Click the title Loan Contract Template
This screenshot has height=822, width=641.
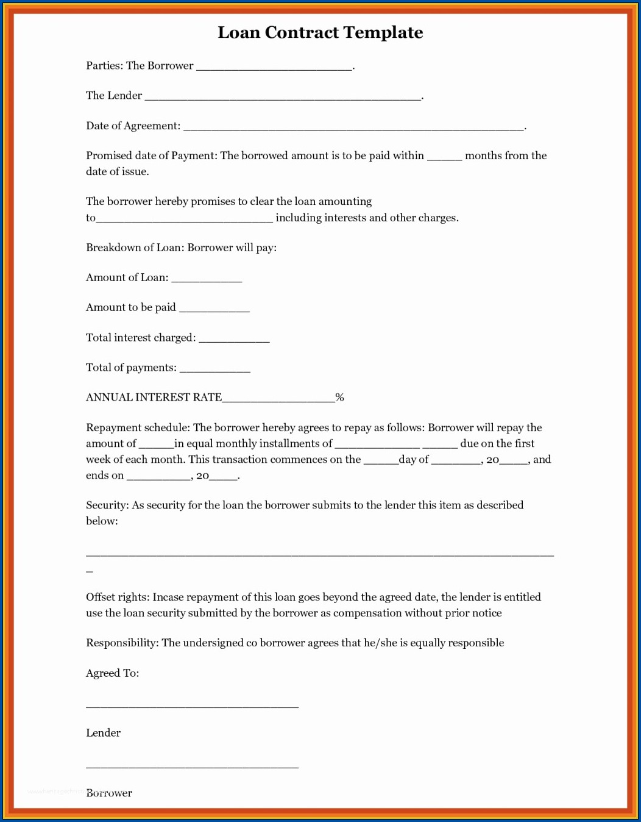tap(320, 32)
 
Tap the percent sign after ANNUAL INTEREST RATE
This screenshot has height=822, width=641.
tap(339, 398)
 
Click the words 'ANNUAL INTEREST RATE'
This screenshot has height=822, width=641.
tap(154, 398)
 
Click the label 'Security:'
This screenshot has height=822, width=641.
tap(107, 505)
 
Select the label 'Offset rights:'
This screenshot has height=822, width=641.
tap(118, 597)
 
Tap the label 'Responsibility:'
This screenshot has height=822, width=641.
tap(122, 643)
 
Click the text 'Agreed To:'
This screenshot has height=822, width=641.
tap(112, 673)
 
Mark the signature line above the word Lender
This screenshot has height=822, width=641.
tap(192, 706)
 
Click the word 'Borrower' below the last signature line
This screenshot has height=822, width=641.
tap(109, 793)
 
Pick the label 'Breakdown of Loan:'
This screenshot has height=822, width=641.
tap(135, 248)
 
